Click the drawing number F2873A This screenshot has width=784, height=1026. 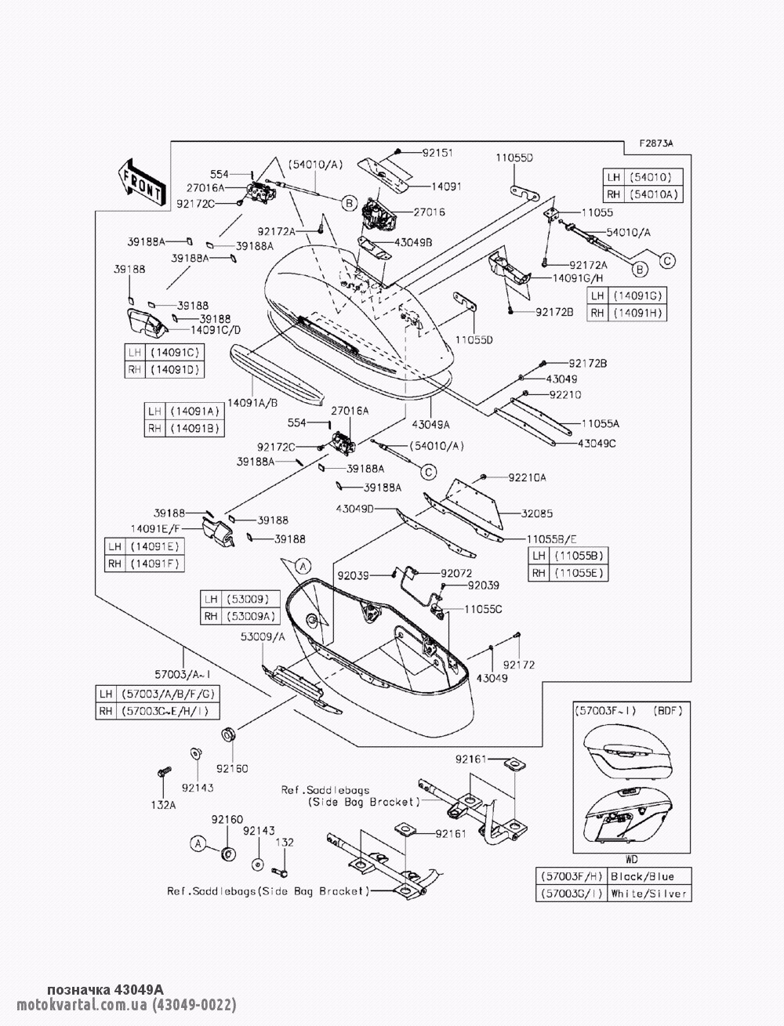(x=655, y=143)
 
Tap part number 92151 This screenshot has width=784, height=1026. (x=437, y=153)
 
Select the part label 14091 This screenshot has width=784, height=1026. (x=446, y=187)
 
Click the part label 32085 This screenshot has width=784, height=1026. (x=537, y=514)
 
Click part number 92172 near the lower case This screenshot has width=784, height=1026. (x=518, y=664)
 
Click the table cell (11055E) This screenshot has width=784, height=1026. (x=581, y=572)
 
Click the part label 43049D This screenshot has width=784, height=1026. (x=355, y=509)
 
